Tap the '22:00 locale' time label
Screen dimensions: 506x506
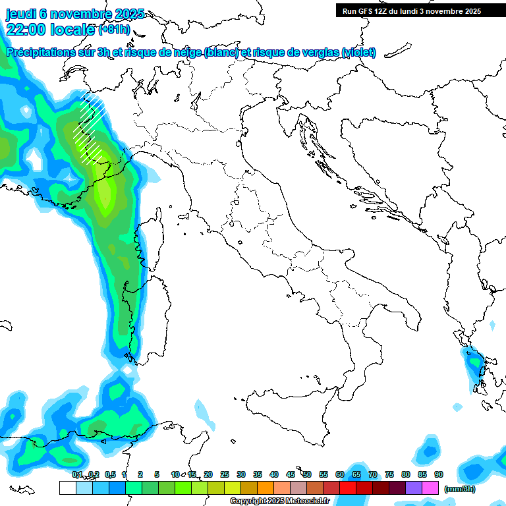(x=50, y=30)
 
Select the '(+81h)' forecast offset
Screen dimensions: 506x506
(x=114, y=30)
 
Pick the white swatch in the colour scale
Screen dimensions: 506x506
(x=67, y=488)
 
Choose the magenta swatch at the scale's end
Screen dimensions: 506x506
(x=430, y=488)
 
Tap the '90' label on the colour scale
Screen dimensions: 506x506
(x=439, y=474)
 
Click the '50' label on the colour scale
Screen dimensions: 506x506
(x=307, y=474)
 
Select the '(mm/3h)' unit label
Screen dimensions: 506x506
(x=460, y=488)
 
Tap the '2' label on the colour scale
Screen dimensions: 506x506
(x=140, y=474)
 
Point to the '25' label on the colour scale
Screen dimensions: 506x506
(x=225, y=474)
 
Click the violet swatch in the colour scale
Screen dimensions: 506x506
(x=414, y=488)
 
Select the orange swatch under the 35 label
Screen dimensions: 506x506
(x=266, y=488)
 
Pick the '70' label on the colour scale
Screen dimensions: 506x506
(x=373, y=474)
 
